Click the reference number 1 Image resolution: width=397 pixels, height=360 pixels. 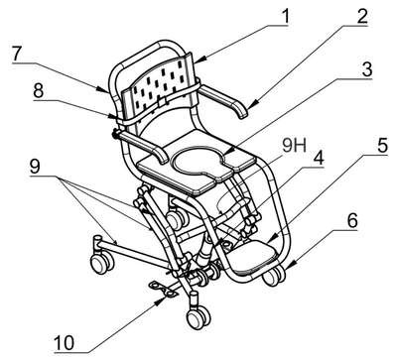click(284, 17)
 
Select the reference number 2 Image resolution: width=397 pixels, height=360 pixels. click(362, 16)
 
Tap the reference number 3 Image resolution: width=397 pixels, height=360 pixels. click(366, 69)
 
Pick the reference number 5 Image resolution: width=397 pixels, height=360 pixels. click(382, 145)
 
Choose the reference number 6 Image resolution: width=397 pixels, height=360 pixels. click(352, 221)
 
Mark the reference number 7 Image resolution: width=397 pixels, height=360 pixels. click(19, 53)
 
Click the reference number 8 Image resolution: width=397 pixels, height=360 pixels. click(39, 90)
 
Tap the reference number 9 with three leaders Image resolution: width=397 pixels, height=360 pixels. click(35, 167)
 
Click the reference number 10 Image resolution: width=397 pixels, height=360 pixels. click(65, 343)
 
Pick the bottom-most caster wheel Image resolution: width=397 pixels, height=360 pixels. click(198, 318)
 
